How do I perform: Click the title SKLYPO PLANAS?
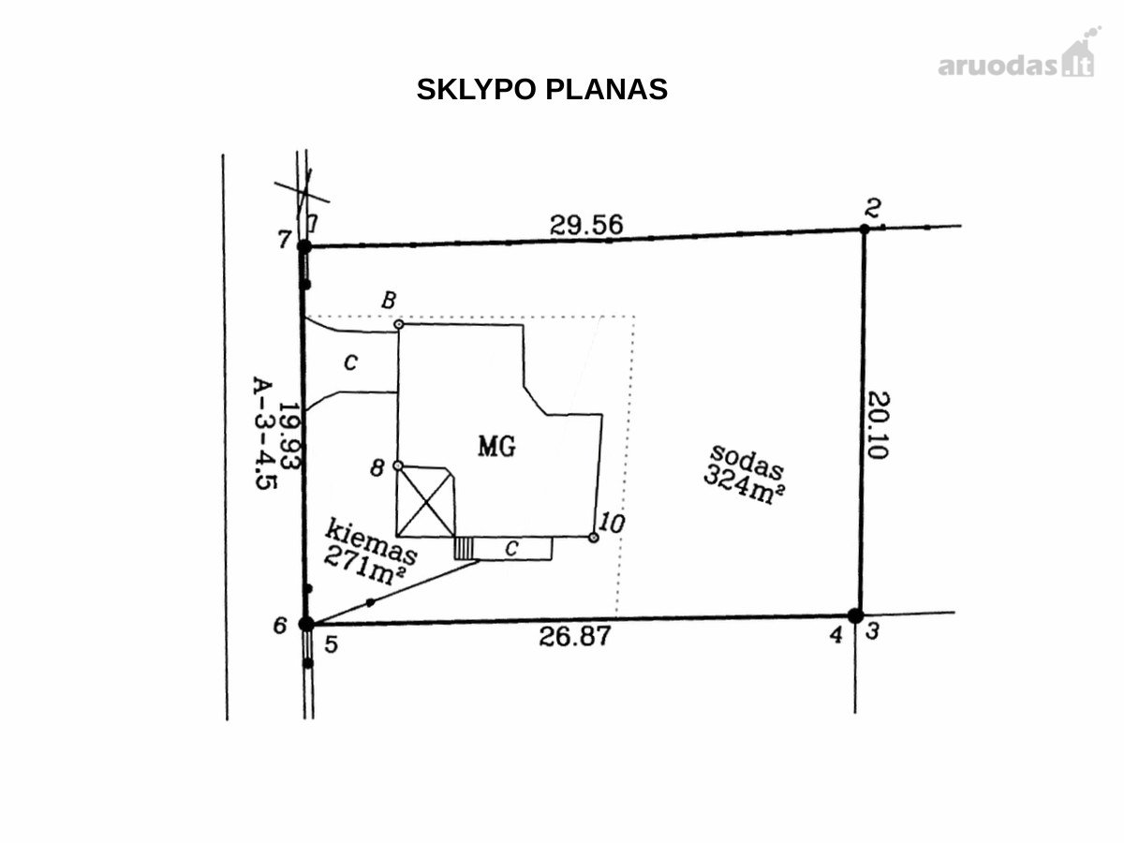(541, 90)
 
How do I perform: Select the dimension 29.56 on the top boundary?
(586, 225)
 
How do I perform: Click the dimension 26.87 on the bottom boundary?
(575, 637)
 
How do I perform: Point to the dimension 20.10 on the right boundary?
(879, 425)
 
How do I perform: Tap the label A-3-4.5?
(264, 433)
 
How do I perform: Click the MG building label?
(496, 447)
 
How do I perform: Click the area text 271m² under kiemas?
(364, 565)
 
